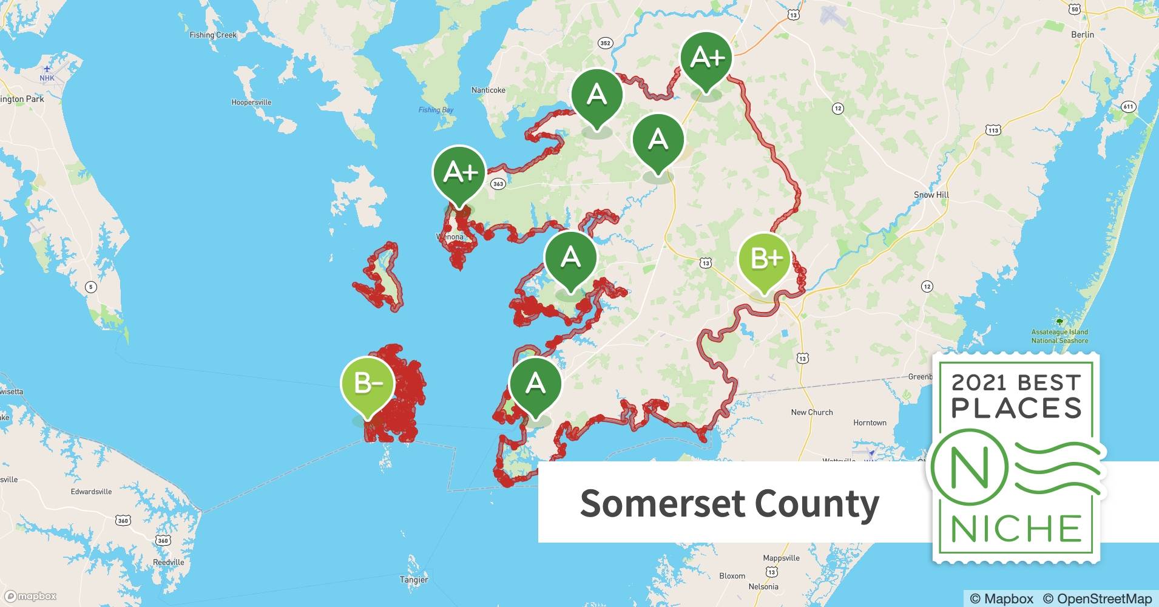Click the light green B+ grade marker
[x=764, y=259]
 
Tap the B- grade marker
[x=367, y=384]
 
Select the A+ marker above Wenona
[x=460, y=173]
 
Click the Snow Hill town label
[x=931, y=195]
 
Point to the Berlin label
[x=1083, y=35]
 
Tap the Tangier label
[x=414, y=580]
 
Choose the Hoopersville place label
[x=251, y=103]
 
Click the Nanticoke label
[x=488, y=90]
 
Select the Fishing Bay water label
[x=436, y=110]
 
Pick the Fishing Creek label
[x=213, y=35]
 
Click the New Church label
[x=811, y=412]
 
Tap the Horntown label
[x=870, y=422]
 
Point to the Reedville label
[x=169, y=562]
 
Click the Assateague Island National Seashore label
[x=1059, y=336]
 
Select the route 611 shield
[x=1128, y=107]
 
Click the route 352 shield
[x=605, y=43]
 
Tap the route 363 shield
[x=498, y=184]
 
